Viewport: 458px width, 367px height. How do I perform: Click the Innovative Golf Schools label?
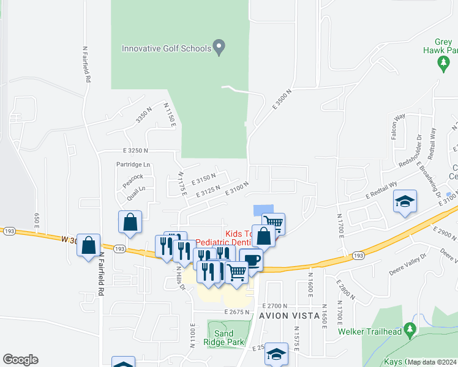166,48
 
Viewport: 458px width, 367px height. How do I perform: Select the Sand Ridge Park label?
229,338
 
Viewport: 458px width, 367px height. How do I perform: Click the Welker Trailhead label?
370,332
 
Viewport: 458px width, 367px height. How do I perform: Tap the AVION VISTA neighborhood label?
289,316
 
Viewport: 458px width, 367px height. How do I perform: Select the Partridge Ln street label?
133,165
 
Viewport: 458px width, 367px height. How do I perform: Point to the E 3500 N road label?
283,98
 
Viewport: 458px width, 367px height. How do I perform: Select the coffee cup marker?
251,260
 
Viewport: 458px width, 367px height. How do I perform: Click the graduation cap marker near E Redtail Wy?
405,202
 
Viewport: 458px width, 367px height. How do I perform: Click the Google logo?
20,360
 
